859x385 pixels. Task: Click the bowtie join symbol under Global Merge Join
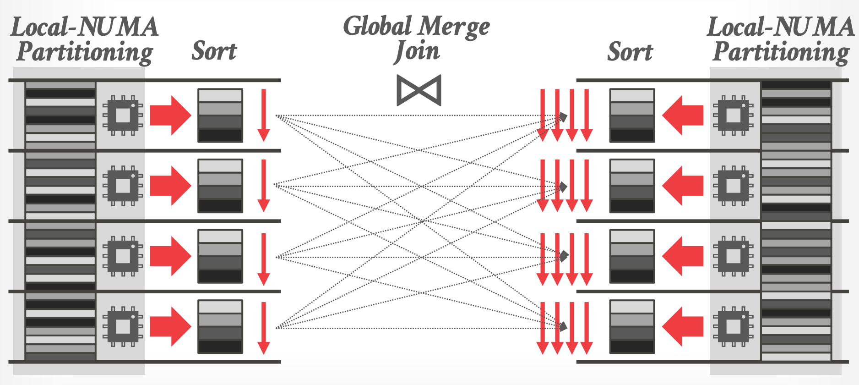[x=419, y=90]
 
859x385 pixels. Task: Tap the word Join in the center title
[x=417, y=51]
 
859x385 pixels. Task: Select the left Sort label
[x=214, y=51]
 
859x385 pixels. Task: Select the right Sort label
[x=630, y=52]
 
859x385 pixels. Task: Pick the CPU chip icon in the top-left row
[x=123, y=115]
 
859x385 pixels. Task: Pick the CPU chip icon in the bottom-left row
[x=123, y=326]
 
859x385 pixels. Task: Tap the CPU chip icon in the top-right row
[x=733, y=115]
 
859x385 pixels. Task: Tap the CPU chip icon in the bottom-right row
[x=733, y=326]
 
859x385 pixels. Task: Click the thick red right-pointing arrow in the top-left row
[x=170, y=115]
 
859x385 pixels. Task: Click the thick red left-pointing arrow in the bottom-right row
[x=683, y=326]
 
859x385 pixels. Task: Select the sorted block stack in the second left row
[x=220, y=186]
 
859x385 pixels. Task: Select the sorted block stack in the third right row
[x=632, y=256]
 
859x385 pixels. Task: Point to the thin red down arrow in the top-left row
[x=263, y=115]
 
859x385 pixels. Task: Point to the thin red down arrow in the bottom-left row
[x=263, y=328]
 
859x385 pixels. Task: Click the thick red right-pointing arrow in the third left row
[x=170, y=256]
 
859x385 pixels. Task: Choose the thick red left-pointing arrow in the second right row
[x=683, y=186]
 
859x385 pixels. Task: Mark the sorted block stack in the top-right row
[x=632, y=115]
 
